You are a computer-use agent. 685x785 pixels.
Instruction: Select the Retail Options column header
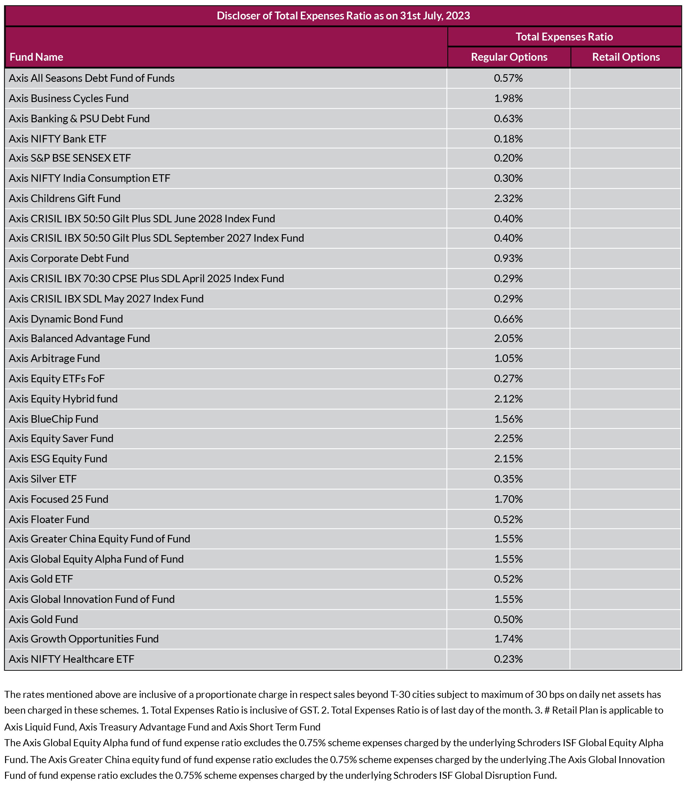(626, 57)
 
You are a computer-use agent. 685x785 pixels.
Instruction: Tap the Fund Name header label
(36, 57)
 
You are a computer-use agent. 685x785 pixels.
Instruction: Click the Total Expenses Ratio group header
(564, 37)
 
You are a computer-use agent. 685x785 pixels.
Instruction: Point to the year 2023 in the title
(458, 16)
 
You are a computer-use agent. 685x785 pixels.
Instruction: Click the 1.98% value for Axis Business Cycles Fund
(508, 99)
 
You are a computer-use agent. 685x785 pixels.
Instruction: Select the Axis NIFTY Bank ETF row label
(58, 139)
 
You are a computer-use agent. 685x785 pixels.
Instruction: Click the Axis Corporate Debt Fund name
(69, 258)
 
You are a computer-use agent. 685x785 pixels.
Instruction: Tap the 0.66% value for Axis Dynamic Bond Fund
(508, 319)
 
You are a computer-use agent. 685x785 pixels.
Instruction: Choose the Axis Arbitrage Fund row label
(54, 358)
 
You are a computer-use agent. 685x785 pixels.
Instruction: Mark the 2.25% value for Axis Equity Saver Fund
(508, 438)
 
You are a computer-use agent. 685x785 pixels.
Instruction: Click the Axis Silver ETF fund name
(43, 479)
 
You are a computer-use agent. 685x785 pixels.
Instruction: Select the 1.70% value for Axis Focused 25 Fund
(508, 499)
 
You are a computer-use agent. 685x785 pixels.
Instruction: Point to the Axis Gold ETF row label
(41, 579)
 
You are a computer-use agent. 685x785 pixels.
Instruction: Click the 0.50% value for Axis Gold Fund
(508, 619)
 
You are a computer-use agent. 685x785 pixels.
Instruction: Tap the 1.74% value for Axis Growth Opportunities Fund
(508, 639)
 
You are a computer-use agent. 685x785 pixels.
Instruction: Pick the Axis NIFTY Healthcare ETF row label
(71, 659)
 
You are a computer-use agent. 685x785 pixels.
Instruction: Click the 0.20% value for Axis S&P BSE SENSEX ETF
(508, 158)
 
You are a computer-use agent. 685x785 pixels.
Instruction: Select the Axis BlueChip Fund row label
(53, 419)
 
